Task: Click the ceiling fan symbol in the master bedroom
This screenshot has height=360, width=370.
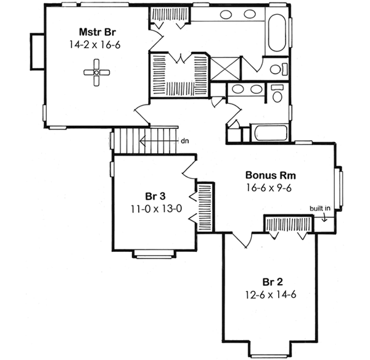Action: (x=96, y=72)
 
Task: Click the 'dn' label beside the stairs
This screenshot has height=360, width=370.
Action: (x=184, y=140)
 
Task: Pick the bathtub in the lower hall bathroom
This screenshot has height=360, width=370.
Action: (x=266, y=133)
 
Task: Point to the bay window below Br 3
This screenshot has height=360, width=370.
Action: (x=154, y=253)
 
